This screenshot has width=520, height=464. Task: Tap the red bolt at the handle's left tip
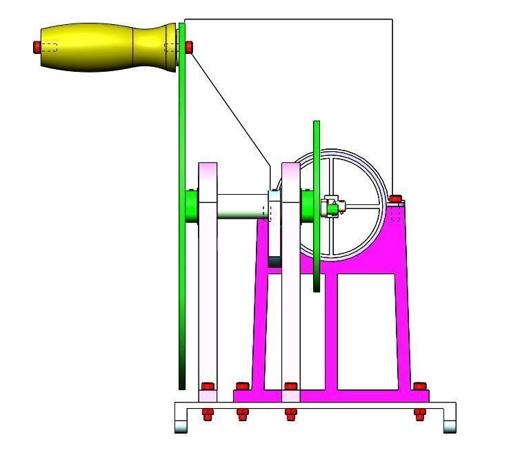coord(37,47)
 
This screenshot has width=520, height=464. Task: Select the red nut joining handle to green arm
coord(189,47)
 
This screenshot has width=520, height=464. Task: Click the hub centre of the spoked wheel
coord(334,206)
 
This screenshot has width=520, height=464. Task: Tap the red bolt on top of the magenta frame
coord(395,200)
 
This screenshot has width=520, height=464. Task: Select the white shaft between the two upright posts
coord(241,206)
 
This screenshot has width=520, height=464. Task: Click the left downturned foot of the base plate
coord(181,423)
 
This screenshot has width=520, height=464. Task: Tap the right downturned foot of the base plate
coord(450,423)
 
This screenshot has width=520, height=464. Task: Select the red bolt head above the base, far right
coord(419,386)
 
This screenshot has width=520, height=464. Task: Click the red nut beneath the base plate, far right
coord(419,414)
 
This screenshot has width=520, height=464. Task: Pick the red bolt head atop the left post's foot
coord(207,386)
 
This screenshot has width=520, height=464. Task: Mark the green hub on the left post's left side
coord(191,206)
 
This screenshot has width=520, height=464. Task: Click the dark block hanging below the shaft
coord(274,262)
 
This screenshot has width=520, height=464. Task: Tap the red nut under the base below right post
coord(290,414)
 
